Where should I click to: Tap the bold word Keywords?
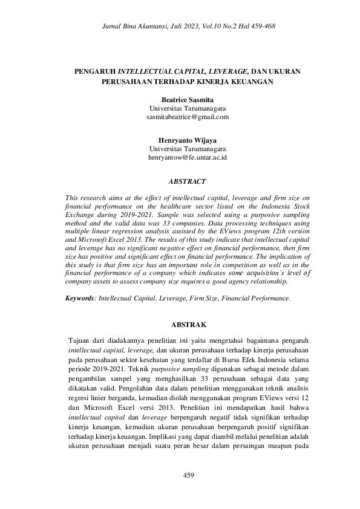click(x=79, y=298)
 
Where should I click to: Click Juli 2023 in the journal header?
click(x=172, y=27)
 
